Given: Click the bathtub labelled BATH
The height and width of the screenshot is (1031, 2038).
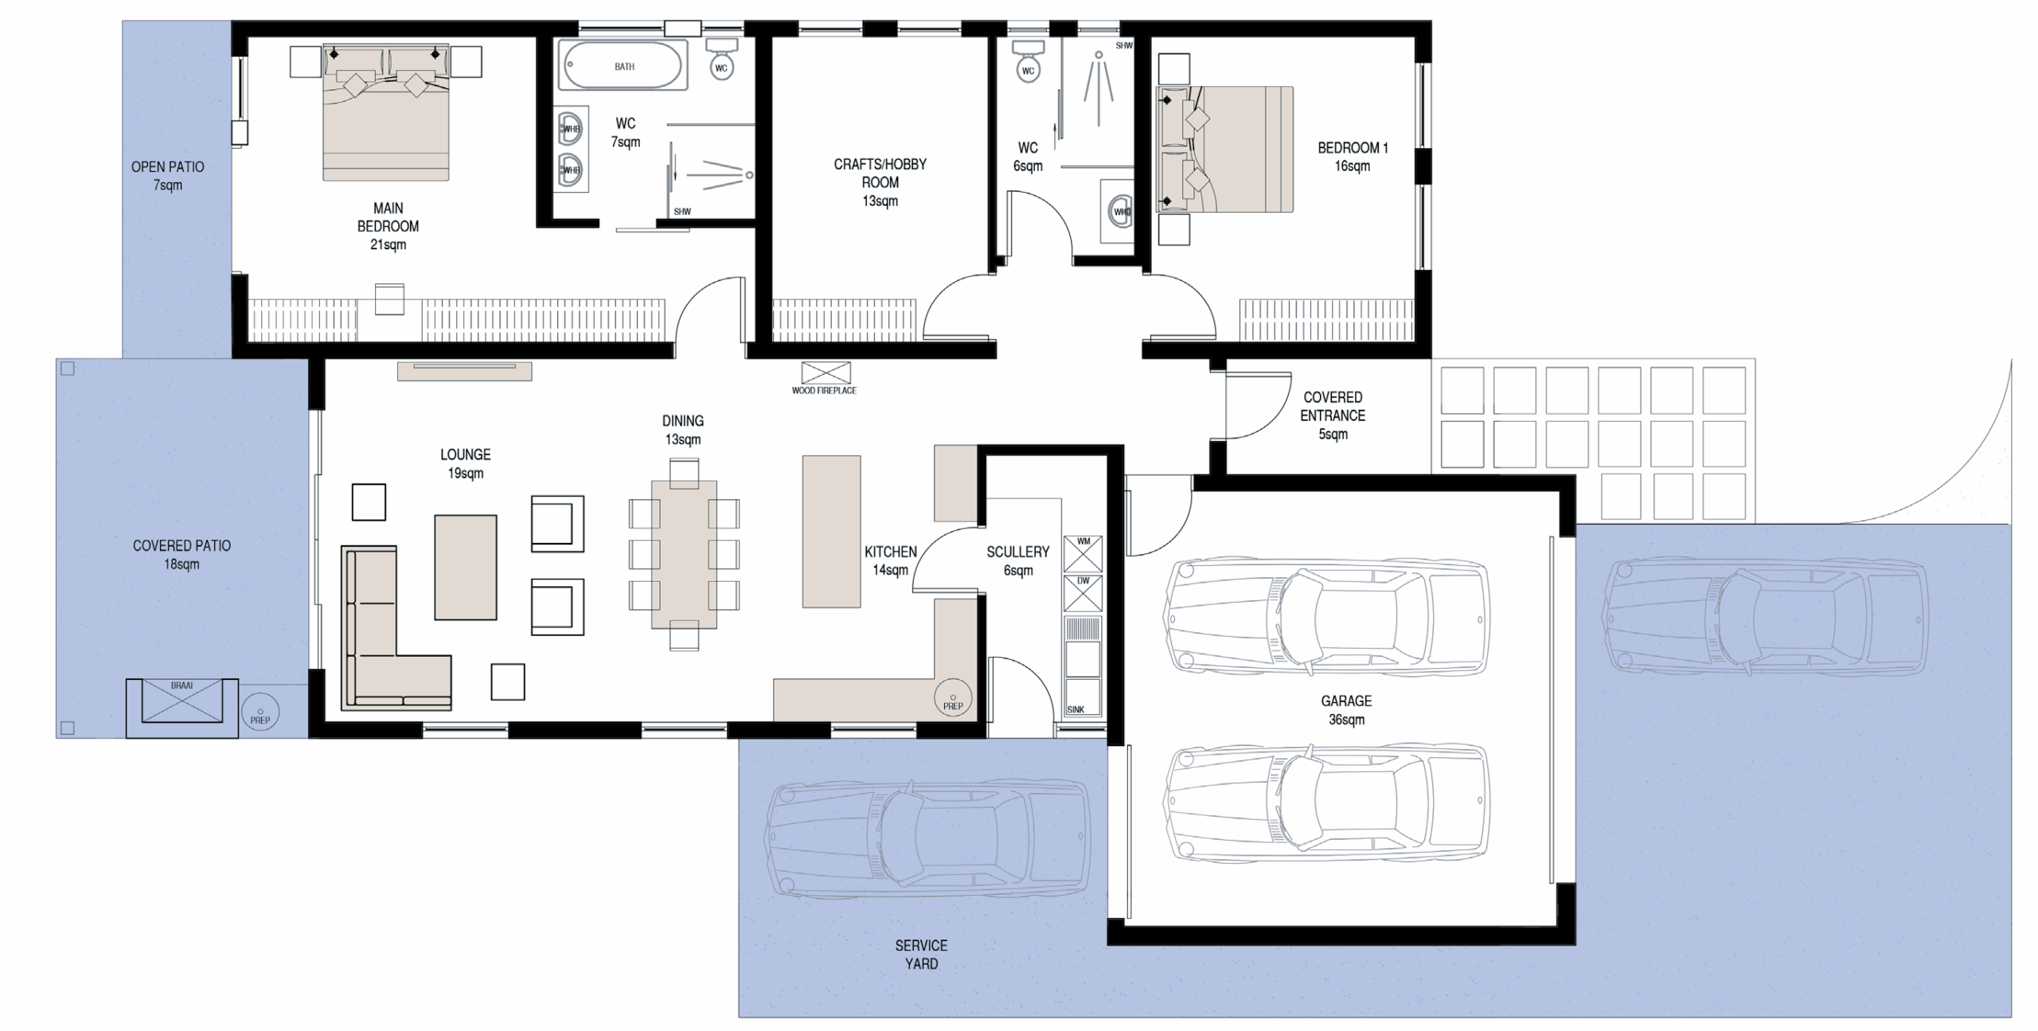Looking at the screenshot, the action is click(623, 65).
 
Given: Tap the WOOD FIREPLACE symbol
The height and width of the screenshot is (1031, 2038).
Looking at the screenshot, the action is click(826, 373).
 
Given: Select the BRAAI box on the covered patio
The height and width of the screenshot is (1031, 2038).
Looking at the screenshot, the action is click(182, 708).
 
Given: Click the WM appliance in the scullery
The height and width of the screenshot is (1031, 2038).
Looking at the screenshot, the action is click(1083, 553).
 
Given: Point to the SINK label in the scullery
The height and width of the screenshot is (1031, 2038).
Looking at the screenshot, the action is click(1075, 709).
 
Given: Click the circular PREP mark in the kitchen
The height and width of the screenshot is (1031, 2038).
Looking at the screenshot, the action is click(953, 699).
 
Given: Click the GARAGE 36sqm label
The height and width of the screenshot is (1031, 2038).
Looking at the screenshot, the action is click(1346, 710).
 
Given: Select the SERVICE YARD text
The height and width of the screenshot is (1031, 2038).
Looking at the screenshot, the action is click(921, 955).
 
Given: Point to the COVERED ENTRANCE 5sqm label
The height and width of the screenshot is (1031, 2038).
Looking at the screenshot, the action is click(1333, 416).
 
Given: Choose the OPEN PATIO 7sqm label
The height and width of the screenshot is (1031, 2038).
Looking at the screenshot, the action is click(167, 176).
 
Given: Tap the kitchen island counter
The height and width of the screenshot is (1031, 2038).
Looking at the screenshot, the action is click(831, 531).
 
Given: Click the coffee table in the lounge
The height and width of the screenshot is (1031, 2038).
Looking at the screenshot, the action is click(466, 567).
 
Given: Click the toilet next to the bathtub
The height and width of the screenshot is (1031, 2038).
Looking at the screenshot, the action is click(721, 59).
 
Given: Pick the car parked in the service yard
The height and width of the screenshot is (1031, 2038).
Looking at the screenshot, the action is click(926, 839).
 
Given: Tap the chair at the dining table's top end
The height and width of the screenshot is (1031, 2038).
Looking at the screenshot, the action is click(684, 473).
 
